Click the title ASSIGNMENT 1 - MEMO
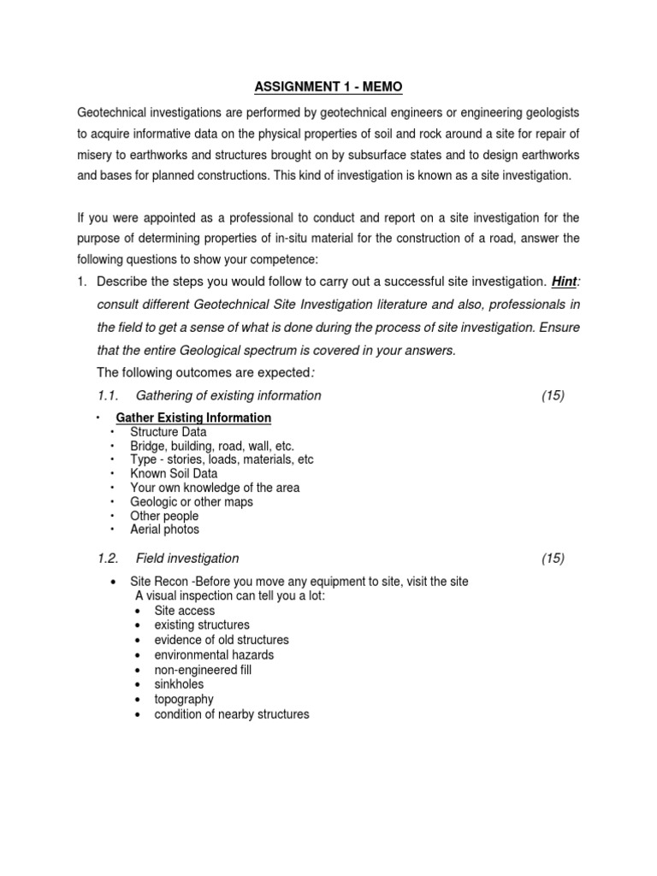pyautogui.click(x=328, y=86)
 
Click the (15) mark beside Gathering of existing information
pyautogui.click(x=553, y=395)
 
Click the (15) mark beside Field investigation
pyautogui.click(x=553, y=559)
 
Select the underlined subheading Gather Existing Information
pyautogui.click(x=193, y=417)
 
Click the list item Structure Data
pyautogui.click(x=168, y=432)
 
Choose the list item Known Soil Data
pyautogui.click(x=174, y=473)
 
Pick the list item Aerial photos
pyautogui.click(x=164, y=530)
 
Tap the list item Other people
pyautogui.click(x=164, y=516)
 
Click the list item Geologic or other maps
pyautogui.click(x=192, y=502)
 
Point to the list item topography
pyautogui.click(x=184, y=699)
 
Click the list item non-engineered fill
pyautogui.click(x=203, y=670)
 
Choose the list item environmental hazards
pyautogui.click(x=214, y=654)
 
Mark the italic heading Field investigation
pyautogui.click(x=187, y=559)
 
